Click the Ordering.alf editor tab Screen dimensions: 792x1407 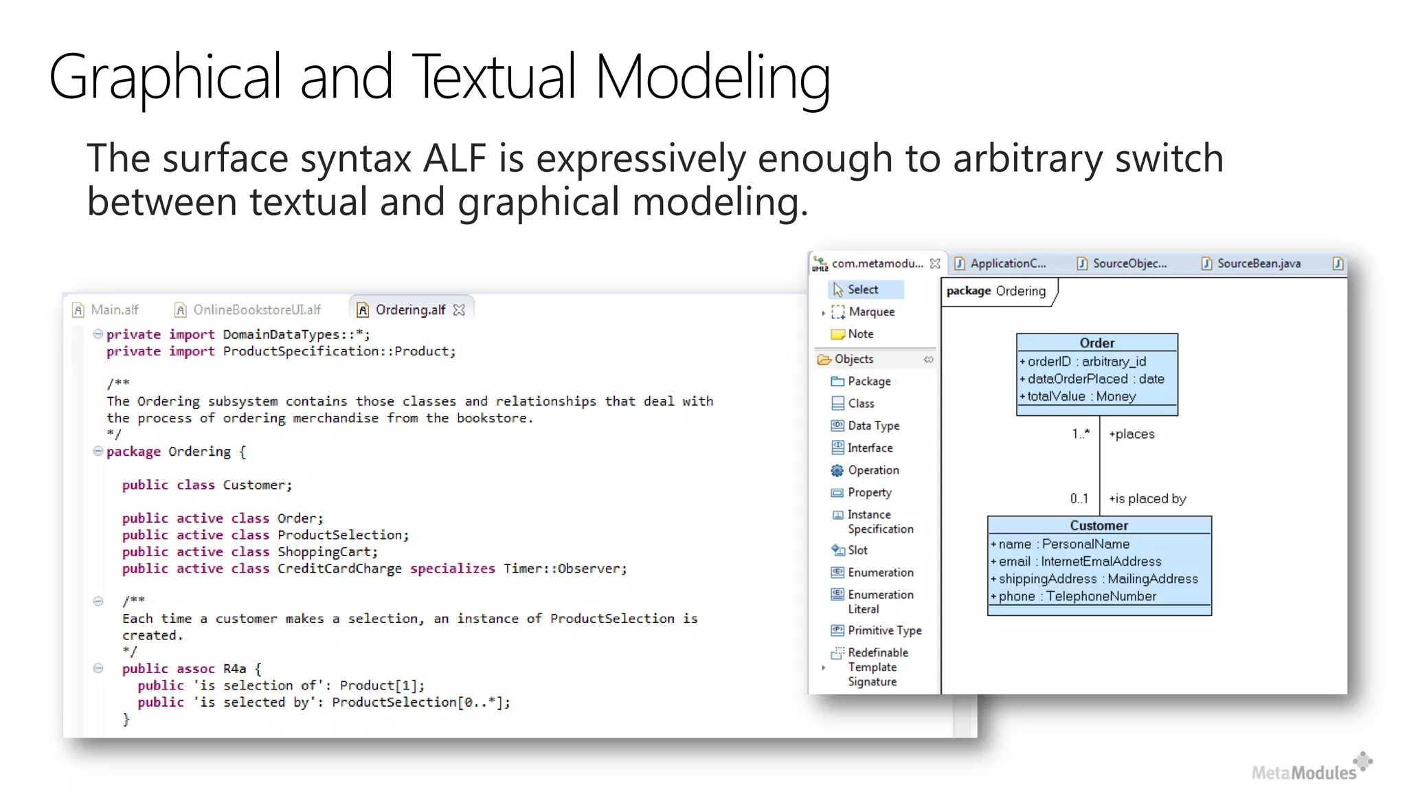click(x=410, y=310)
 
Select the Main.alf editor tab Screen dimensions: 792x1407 click(x=114, y=310)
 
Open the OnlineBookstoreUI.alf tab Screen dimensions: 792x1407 click(x=256, y=310)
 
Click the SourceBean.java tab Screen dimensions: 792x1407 click(x=1258, y=263)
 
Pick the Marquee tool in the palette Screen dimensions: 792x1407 click(x=871, y=312)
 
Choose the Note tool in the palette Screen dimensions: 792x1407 click(x=860, y=334)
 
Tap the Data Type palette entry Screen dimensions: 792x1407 click(x=873, y=426)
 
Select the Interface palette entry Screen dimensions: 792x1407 click(x=870, y=448)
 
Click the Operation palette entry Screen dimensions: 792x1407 click(x=873, y=470)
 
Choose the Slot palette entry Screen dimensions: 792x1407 click(x=857, y=551)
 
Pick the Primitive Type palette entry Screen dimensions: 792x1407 click(x=884, y=630)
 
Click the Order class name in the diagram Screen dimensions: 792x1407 click(x=1096, y=343)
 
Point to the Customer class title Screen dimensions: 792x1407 click(x=1099, y=526)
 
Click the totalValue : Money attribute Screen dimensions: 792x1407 click(x=1081, y=397)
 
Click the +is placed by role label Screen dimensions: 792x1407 click(x=1147, y=499)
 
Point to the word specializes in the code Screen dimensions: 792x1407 click(x=452, y=569)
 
